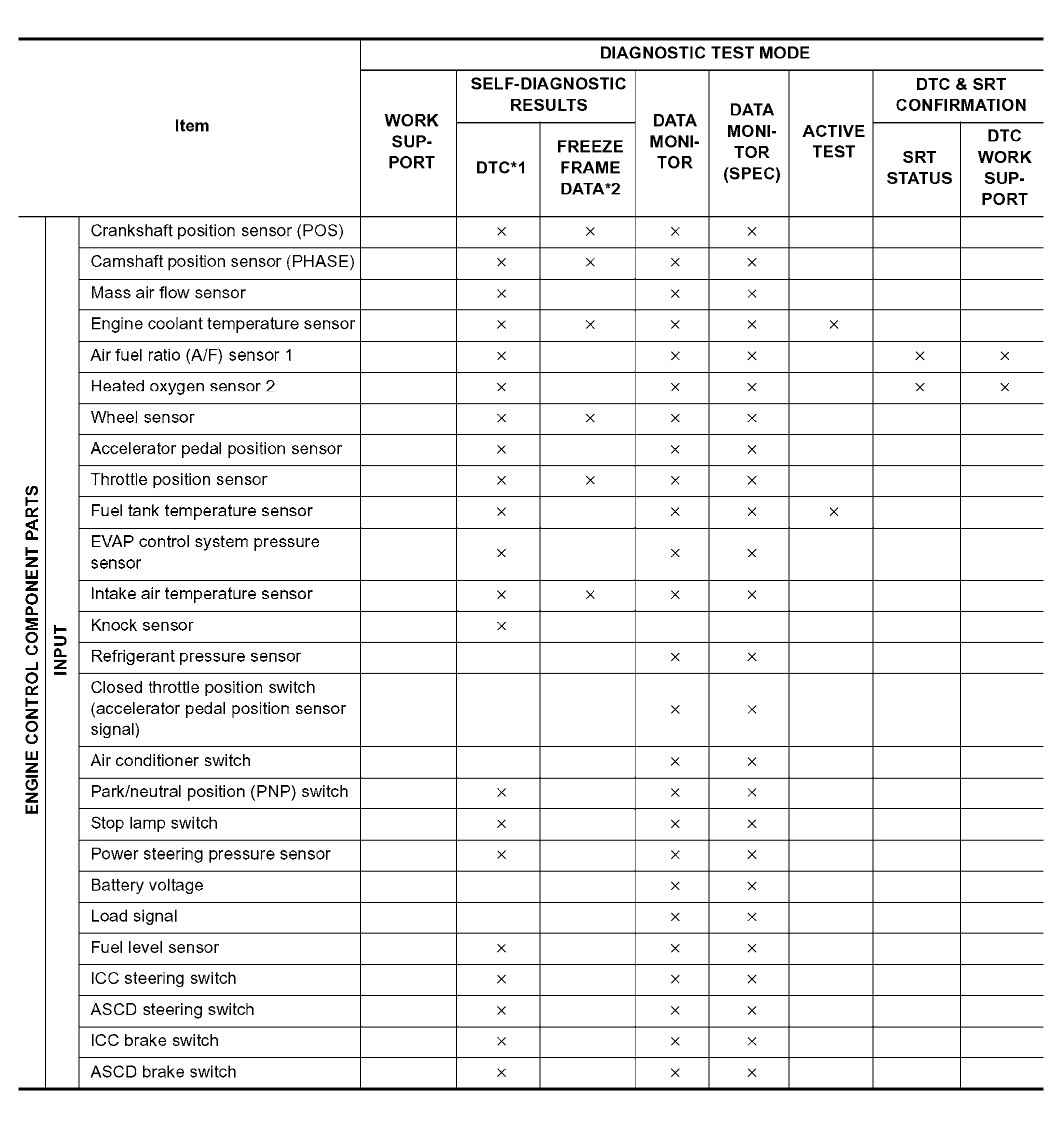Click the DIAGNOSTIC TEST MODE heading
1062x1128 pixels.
click(x=704, y=53)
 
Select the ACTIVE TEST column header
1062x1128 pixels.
click(x=832, y=142)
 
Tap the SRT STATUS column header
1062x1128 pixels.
click(x=918, y=167)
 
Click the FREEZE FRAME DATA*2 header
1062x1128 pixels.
click(x=589, y=168)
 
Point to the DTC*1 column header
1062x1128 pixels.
click(x=500, y=168)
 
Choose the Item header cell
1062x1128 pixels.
click(x=192, y=126)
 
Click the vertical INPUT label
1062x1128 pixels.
click(x=60, y=650)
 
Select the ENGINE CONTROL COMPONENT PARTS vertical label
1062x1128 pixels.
click(x=32, y=650)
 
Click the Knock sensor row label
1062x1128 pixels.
click(x=142, y=625)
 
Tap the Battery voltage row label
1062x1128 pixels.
click(x=147, y=885)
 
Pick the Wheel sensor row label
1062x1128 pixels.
click(x=142, y=418)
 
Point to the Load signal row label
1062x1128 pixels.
click(x=134, y=917)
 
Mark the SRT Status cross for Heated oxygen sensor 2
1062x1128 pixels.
click(x=919, y=387)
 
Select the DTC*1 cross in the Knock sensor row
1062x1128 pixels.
click(x=501, y=626)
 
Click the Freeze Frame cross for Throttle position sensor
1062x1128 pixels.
click(x=589, y=481)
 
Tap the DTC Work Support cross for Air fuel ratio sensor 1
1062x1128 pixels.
click(x=1004, y=356)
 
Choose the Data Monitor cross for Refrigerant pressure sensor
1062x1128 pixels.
click(x=674, y=657)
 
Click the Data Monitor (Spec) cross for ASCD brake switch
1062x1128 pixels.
click(x=751, y=1073)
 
